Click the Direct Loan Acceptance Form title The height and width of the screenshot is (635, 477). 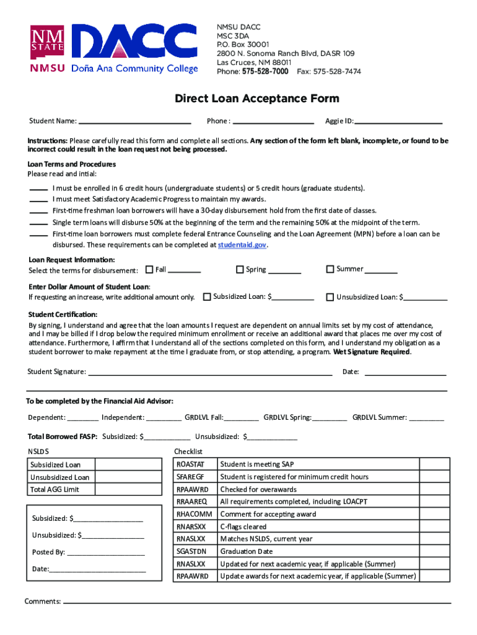click(256, 99)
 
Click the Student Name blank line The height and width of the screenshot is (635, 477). click(134, 122)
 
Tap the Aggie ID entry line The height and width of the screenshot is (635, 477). click(398, 122)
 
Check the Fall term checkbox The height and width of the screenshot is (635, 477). click(149, 270)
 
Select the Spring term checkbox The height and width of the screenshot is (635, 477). click(240, 270)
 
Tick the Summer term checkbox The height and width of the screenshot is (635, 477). click(330, 269)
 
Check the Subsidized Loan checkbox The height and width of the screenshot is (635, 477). click(207, 296)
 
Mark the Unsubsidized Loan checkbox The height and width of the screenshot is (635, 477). click(330, 297)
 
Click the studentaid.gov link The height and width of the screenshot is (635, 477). click(242, 245)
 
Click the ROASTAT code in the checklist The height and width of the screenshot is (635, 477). click(190, 464)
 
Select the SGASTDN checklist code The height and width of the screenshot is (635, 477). click(191, 551)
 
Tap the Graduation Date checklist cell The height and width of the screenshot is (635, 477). click(246, 551)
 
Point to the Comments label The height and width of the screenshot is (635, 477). click(42, 601)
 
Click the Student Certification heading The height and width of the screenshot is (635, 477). click(63, 314)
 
